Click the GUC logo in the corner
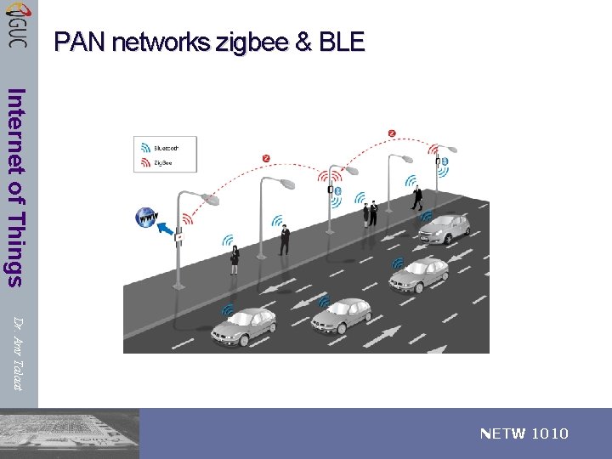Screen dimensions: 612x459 pyautogui.click(x=19, y=25)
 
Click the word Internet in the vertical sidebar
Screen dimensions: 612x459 pyautogui.click(x=16, y=144)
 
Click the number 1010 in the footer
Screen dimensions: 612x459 pyautogui.click(x=549, y=434)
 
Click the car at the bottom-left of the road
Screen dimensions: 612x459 pyautogui.click(x=243, y=326)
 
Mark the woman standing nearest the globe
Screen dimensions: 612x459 pyautogui.click(x=235, y=258)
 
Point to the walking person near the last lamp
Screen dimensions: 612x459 pyautogui.click(x=416, y=197)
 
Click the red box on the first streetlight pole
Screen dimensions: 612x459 pyautogui.click(x=178, y=238)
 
